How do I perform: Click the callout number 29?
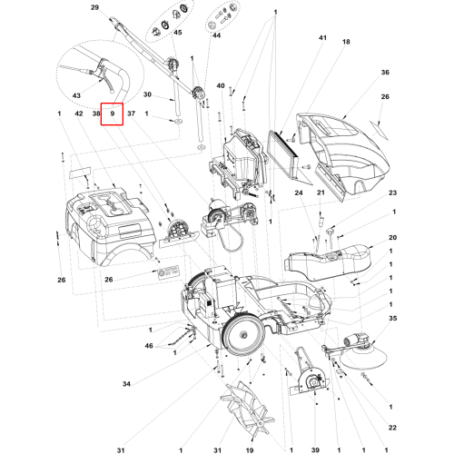(94, 7)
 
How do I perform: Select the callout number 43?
(76, 95)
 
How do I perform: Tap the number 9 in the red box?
(113, 113)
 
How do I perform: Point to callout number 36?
(385, 72)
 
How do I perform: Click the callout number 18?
(346, 42)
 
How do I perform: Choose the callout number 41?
(322, 37)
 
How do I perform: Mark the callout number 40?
(221, 85)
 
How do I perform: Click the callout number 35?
(392, 318)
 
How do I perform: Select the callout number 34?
(126, 384)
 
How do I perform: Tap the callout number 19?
(250, 450)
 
